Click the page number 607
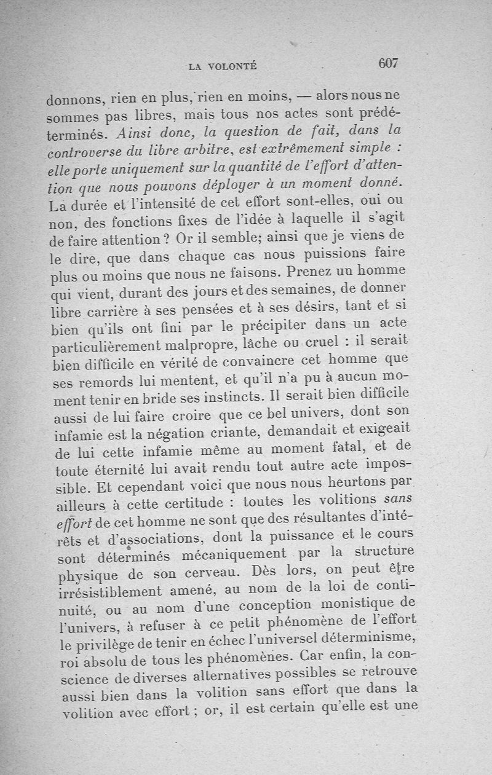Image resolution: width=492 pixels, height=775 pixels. pos(389,63)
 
